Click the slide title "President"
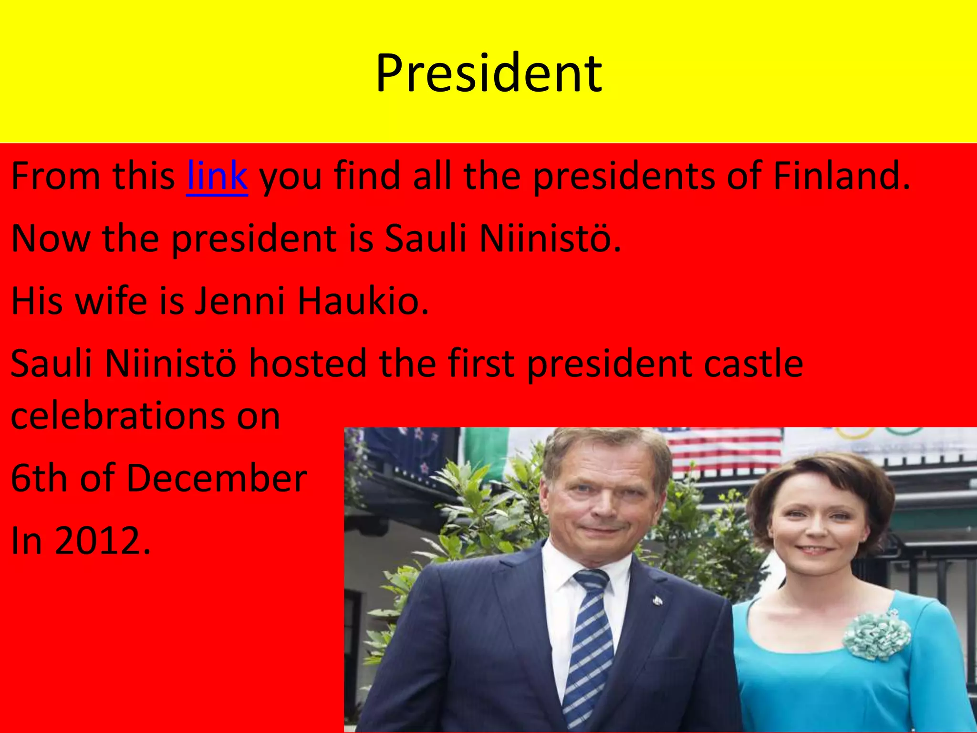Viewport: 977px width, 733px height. pyautogui.click(x=488, y=74)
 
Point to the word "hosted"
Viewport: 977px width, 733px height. pyautogui.click(x=308, y=364)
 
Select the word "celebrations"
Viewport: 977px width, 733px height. pyautogui.click(x=118, y=416)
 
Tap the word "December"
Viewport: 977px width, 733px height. pyautogui.click(x=217, y=478)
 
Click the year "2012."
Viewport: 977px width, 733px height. pyautogui.click(x=103, y=541)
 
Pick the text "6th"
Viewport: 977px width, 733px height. pyautogui.click(x=38, y=478)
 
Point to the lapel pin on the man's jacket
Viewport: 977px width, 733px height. pyautogui.click(x=657, y=601)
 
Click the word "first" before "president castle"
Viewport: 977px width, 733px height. pyautogui.click(x=482, y=364)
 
